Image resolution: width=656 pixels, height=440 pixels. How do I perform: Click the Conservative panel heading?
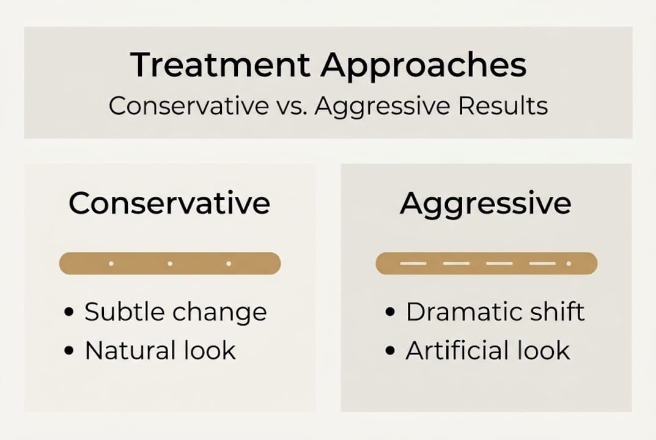coord(169,203)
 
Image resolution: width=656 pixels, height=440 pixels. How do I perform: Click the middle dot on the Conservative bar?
coord(170,263)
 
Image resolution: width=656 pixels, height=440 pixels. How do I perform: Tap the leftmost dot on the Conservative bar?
coord(111,263)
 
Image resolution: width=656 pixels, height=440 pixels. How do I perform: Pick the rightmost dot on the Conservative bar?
coord(229,263)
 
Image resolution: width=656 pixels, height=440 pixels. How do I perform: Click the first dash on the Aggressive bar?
coord(413,263)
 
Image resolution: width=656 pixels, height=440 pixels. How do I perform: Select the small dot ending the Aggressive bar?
coord(569,263)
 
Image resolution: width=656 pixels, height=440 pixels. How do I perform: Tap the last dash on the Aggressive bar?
coord(542,263)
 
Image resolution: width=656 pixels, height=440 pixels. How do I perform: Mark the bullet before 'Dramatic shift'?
coord(391,313)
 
